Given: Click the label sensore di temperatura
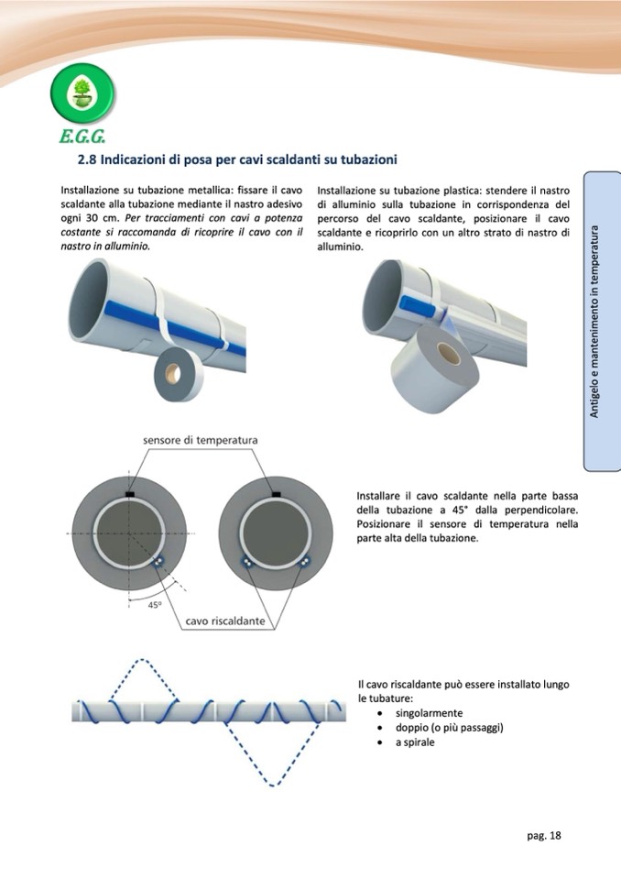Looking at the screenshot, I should (201, 440).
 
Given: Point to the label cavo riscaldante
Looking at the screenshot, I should (225, 621).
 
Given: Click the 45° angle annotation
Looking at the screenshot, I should (155, 605).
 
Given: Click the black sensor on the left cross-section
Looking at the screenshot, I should (129, 494).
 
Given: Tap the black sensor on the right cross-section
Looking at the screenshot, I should (276, 494).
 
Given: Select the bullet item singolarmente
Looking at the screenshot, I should (429, 713).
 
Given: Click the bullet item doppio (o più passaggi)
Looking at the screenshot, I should (450, 728).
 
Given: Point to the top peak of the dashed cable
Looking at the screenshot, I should (137, 660).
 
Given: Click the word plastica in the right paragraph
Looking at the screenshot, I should (446, 189).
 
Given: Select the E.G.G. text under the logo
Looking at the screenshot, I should (82, 139).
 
